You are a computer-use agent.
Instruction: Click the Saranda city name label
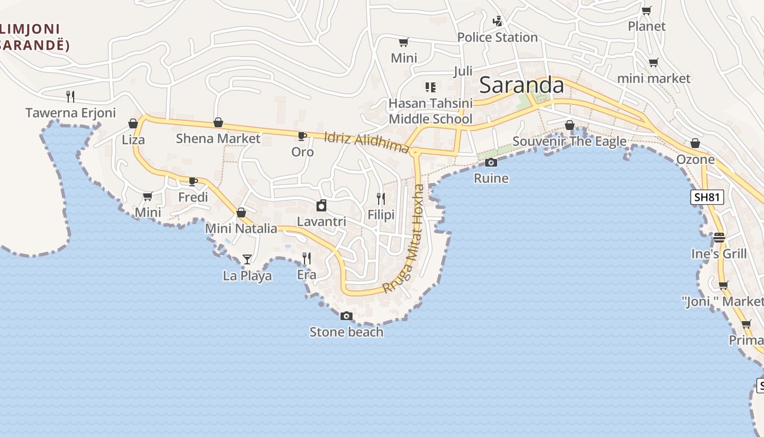click(521, 85)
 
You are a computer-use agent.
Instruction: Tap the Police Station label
click(497, 37)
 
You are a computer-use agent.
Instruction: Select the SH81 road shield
click(707, 197)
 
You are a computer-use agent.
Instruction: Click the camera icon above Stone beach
click(346, 316)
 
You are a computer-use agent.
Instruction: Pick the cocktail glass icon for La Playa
click(247, 259)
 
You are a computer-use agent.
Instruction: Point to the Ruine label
click(491, 178)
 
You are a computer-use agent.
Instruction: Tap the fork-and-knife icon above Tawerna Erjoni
click(70, 97)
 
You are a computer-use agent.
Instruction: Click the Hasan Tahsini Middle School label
click(430, 111)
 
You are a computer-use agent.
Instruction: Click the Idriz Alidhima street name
click(366, 142)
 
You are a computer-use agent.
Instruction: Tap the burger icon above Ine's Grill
click(719, 238)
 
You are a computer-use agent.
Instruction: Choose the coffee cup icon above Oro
click(302, 135)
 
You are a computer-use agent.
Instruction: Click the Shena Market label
click(218, 139)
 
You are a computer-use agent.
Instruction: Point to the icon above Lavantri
click(321, 205)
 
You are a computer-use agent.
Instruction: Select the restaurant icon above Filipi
click(381, 199)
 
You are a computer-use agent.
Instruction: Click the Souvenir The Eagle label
click(569, 141)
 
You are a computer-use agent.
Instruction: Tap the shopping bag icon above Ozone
click(695, 143)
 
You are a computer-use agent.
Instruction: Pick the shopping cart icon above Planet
click(647, 10)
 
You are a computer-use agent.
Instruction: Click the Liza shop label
click(133, 140)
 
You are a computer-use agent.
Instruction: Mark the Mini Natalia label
click(241, 228)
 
